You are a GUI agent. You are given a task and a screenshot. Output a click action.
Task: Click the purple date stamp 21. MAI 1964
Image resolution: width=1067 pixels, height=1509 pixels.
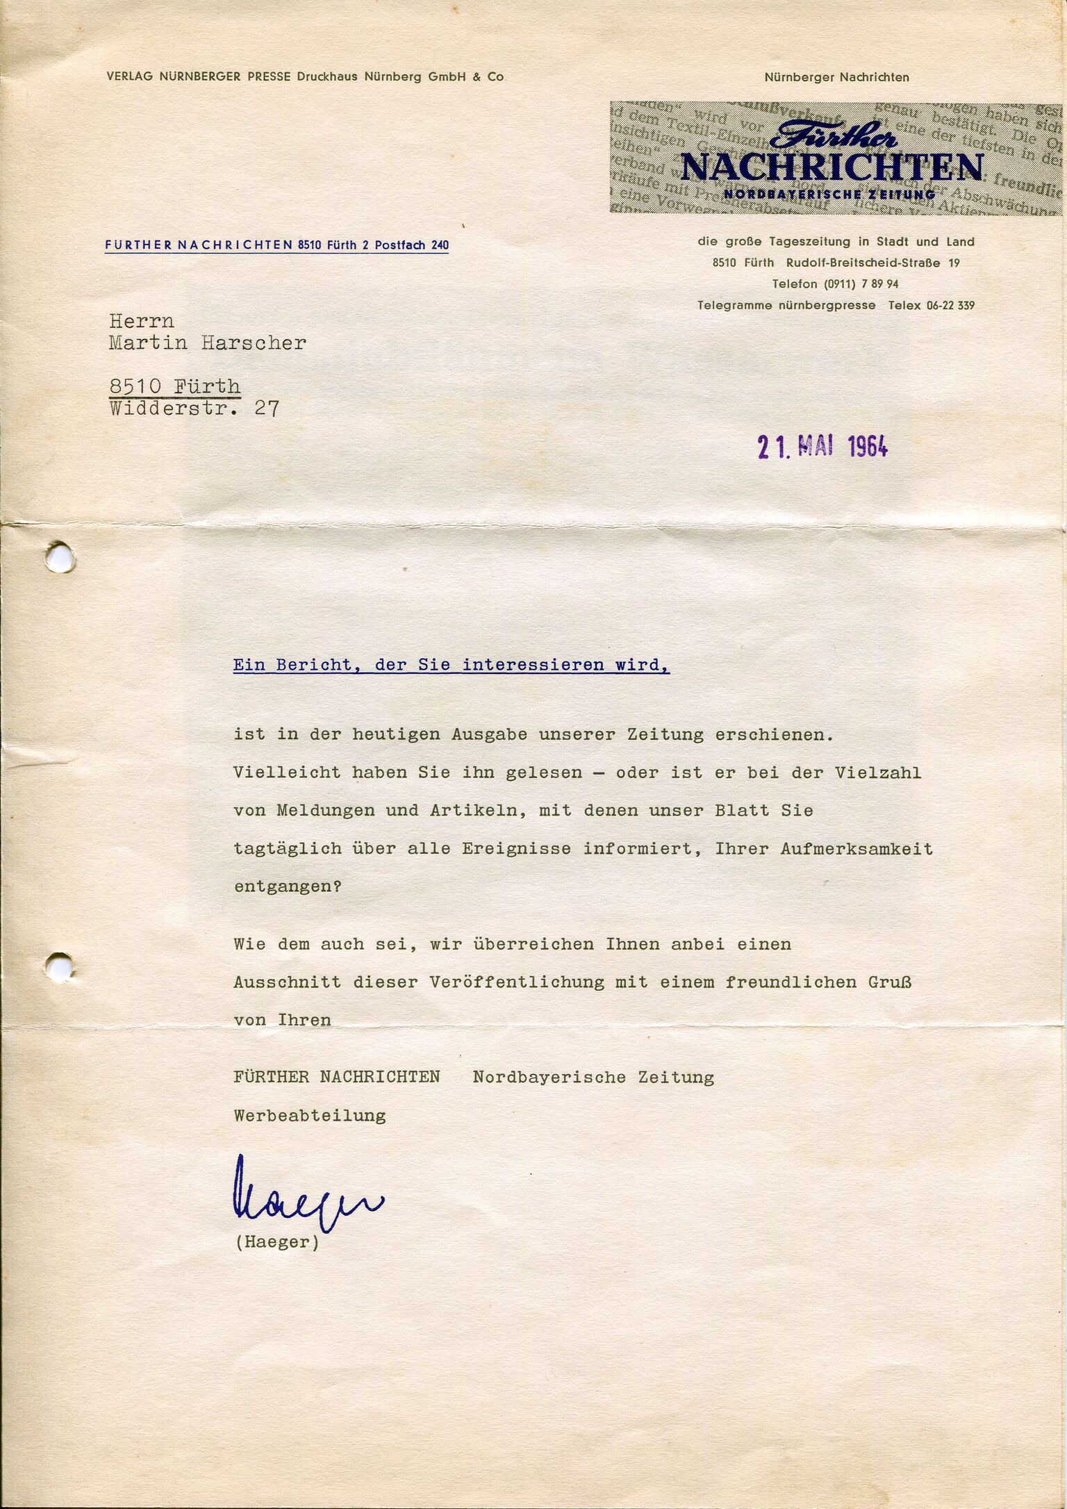pyautogui.click(x=822, y=447)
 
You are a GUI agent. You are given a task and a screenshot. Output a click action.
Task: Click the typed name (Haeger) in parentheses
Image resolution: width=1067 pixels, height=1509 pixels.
pyautogui.click(x=276, y=1242)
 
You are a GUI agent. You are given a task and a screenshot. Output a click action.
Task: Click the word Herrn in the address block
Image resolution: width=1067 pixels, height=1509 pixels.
pyautogui.click(x=142, y=321)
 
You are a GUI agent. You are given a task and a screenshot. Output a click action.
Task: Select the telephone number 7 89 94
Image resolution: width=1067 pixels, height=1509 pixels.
pyautogui.click(x=879, y=284)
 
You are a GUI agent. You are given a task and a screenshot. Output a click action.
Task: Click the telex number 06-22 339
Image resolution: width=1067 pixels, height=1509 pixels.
pyautogui.click(x=950, y=305)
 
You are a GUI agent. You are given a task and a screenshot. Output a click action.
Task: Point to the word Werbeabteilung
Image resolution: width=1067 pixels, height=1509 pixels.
pyautogui.click(x=310, y=1116)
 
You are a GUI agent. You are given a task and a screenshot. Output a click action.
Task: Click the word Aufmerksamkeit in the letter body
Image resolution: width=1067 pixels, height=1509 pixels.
pyautogui.click(x=857, y=848)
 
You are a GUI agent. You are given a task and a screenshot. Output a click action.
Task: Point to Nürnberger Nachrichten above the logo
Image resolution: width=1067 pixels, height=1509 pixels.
pyautogui.click(x=836, y=77)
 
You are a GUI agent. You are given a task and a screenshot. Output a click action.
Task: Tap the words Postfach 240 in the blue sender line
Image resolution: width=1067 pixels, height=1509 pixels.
pyautogui.click(x=411, y=245)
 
